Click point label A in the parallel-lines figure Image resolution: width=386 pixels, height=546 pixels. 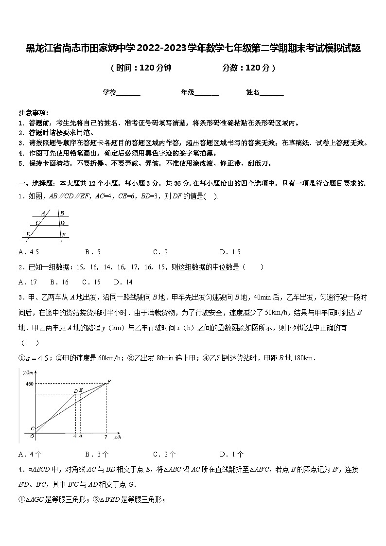point(43,213)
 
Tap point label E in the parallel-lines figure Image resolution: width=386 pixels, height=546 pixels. point(28,234)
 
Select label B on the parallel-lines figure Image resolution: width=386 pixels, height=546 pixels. point(62,213)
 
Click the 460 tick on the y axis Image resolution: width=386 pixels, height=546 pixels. point(29,384)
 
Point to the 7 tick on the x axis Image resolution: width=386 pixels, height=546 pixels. point(106,436)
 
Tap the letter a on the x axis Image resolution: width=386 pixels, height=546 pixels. point(81,436)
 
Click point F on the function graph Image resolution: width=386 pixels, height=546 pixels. point(109,381)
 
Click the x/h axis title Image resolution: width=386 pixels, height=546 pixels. point(118,438)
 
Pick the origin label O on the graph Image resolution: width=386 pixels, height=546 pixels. point(32,437)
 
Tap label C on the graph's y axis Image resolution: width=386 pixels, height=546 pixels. point(32,428)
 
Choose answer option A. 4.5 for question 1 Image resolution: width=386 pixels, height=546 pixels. point(28,252)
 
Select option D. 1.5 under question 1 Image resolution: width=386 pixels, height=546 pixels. point(230,252)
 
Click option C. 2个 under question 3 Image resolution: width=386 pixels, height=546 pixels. point(164,455)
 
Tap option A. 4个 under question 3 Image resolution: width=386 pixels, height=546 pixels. point(29,455)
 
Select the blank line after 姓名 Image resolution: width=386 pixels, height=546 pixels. point(272,92)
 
